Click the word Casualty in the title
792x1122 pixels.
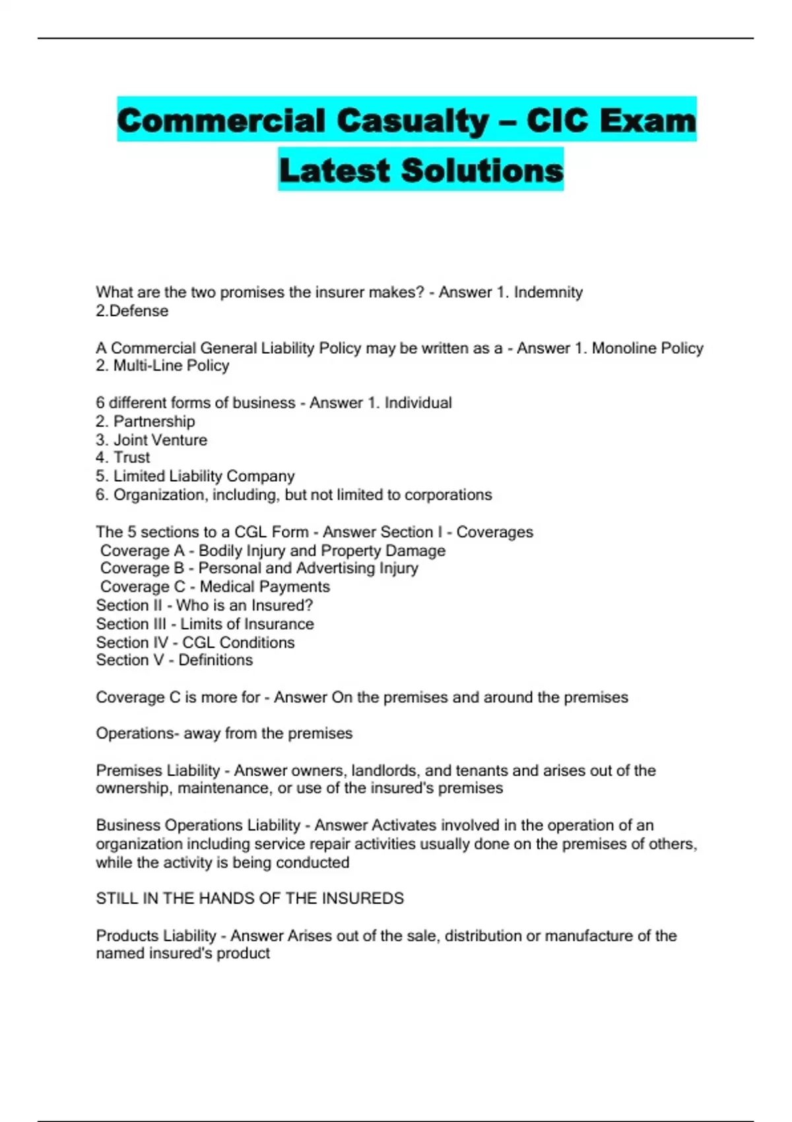[412, 121]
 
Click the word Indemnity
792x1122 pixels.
[548, 292]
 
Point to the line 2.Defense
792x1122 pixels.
[132, 311]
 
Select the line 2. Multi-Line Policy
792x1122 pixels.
[162, 366]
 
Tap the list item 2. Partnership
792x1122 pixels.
[145, 421]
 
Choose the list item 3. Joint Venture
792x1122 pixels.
[151, 440]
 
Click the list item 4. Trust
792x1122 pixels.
[123, 457]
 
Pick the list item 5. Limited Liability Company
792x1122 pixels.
[195, 476]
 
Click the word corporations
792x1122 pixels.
[448, 495]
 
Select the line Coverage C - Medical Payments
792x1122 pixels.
[214, 587]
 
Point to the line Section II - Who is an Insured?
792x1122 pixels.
[205, 605]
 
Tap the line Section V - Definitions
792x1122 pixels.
[174, 660]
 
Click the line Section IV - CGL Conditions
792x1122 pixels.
[195, 642]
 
